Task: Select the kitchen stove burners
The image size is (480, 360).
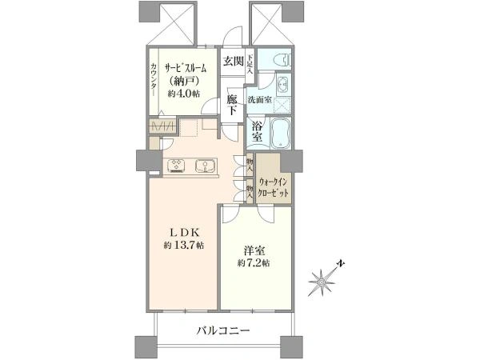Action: (177, 166)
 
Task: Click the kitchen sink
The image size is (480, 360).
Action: (204, 166)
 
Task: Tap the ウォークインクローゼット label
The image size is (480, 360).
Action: (275, 189)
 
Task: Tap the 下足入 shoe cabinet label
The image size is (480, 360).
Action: (250, 63)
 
